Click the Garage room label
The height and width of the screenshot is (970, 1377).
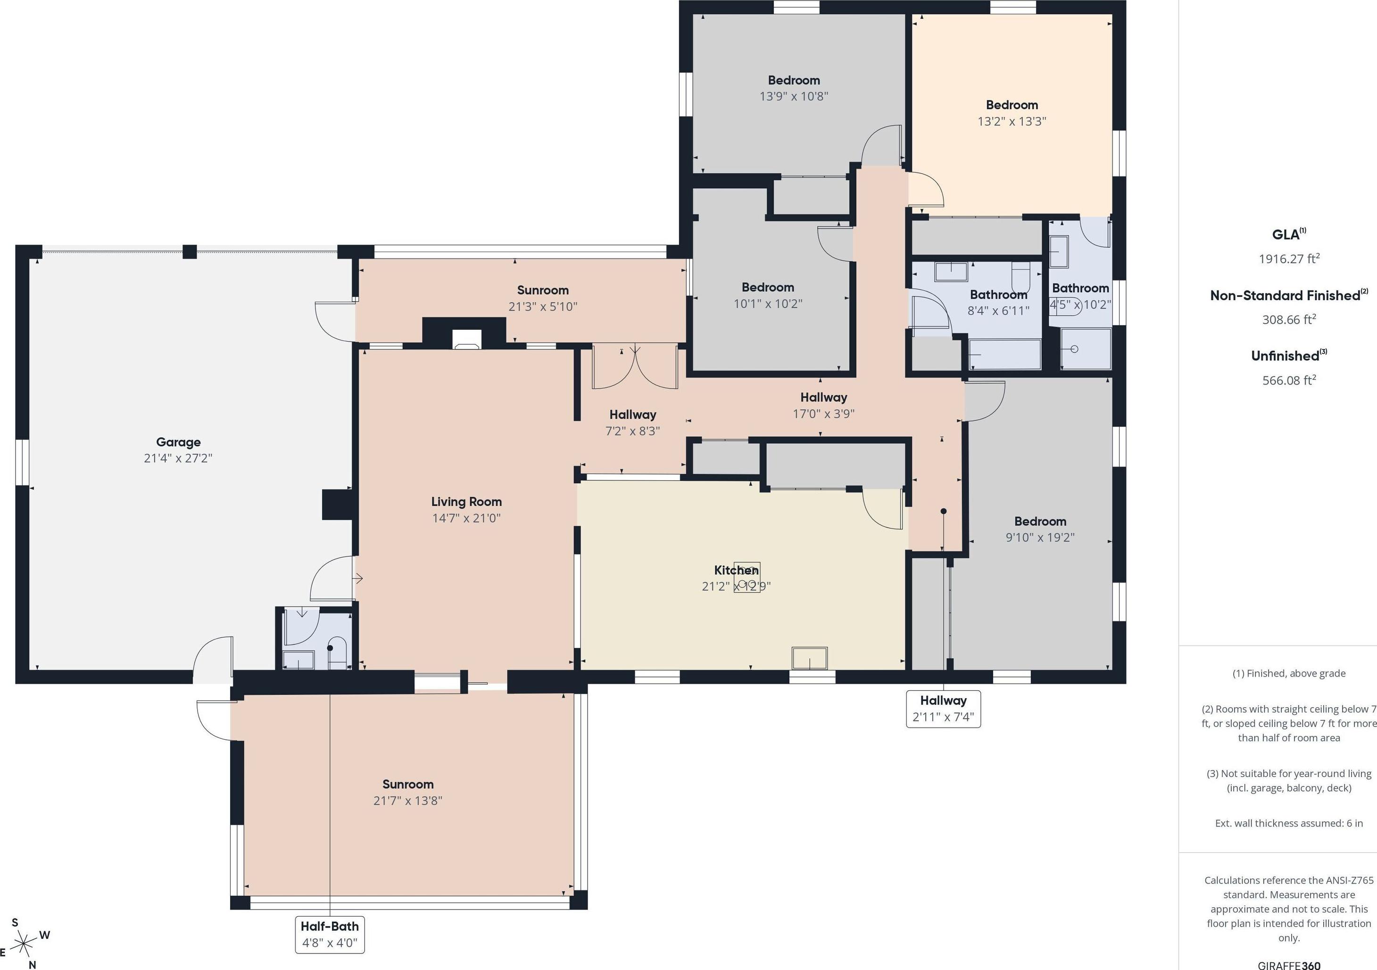tap(178, 442)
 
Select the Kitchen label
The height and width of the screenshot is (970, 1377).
tap(736, 570)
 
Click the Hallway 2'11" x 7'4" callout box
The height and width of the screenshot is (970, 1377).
tap(944, 709)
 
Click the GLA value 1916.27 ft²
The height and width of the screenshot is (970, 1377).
tap(1289, 259)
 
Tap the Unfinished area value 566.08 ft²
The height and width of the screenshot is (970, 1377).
tap(1289, 380)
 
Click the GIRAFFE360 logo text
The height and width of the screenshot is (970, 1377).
tap(1289, 965)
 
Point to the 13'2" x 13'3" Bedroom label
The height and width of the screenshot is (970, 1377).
tap(1012, 113)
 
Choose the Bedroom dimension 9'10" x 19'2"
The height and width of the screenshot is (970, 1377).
tap(1040, 537)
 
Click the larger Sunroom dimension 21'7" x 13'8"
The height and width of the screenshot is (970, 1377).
tap(408, 800)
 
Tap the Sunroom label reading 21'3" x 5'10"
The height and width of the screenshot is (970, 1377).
tap(543, 298)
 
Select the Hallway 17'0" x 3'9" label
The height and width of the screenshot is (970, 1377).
tap(823, 405)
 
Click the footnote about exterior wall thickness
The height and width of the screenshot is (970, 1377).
tap(1289, 823)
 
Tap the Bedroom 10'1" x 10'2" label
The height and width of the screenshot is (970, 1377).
tap(768, 295)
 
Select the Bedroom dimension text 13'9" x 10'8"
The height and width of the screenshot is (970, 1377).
tap(794, 96)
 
